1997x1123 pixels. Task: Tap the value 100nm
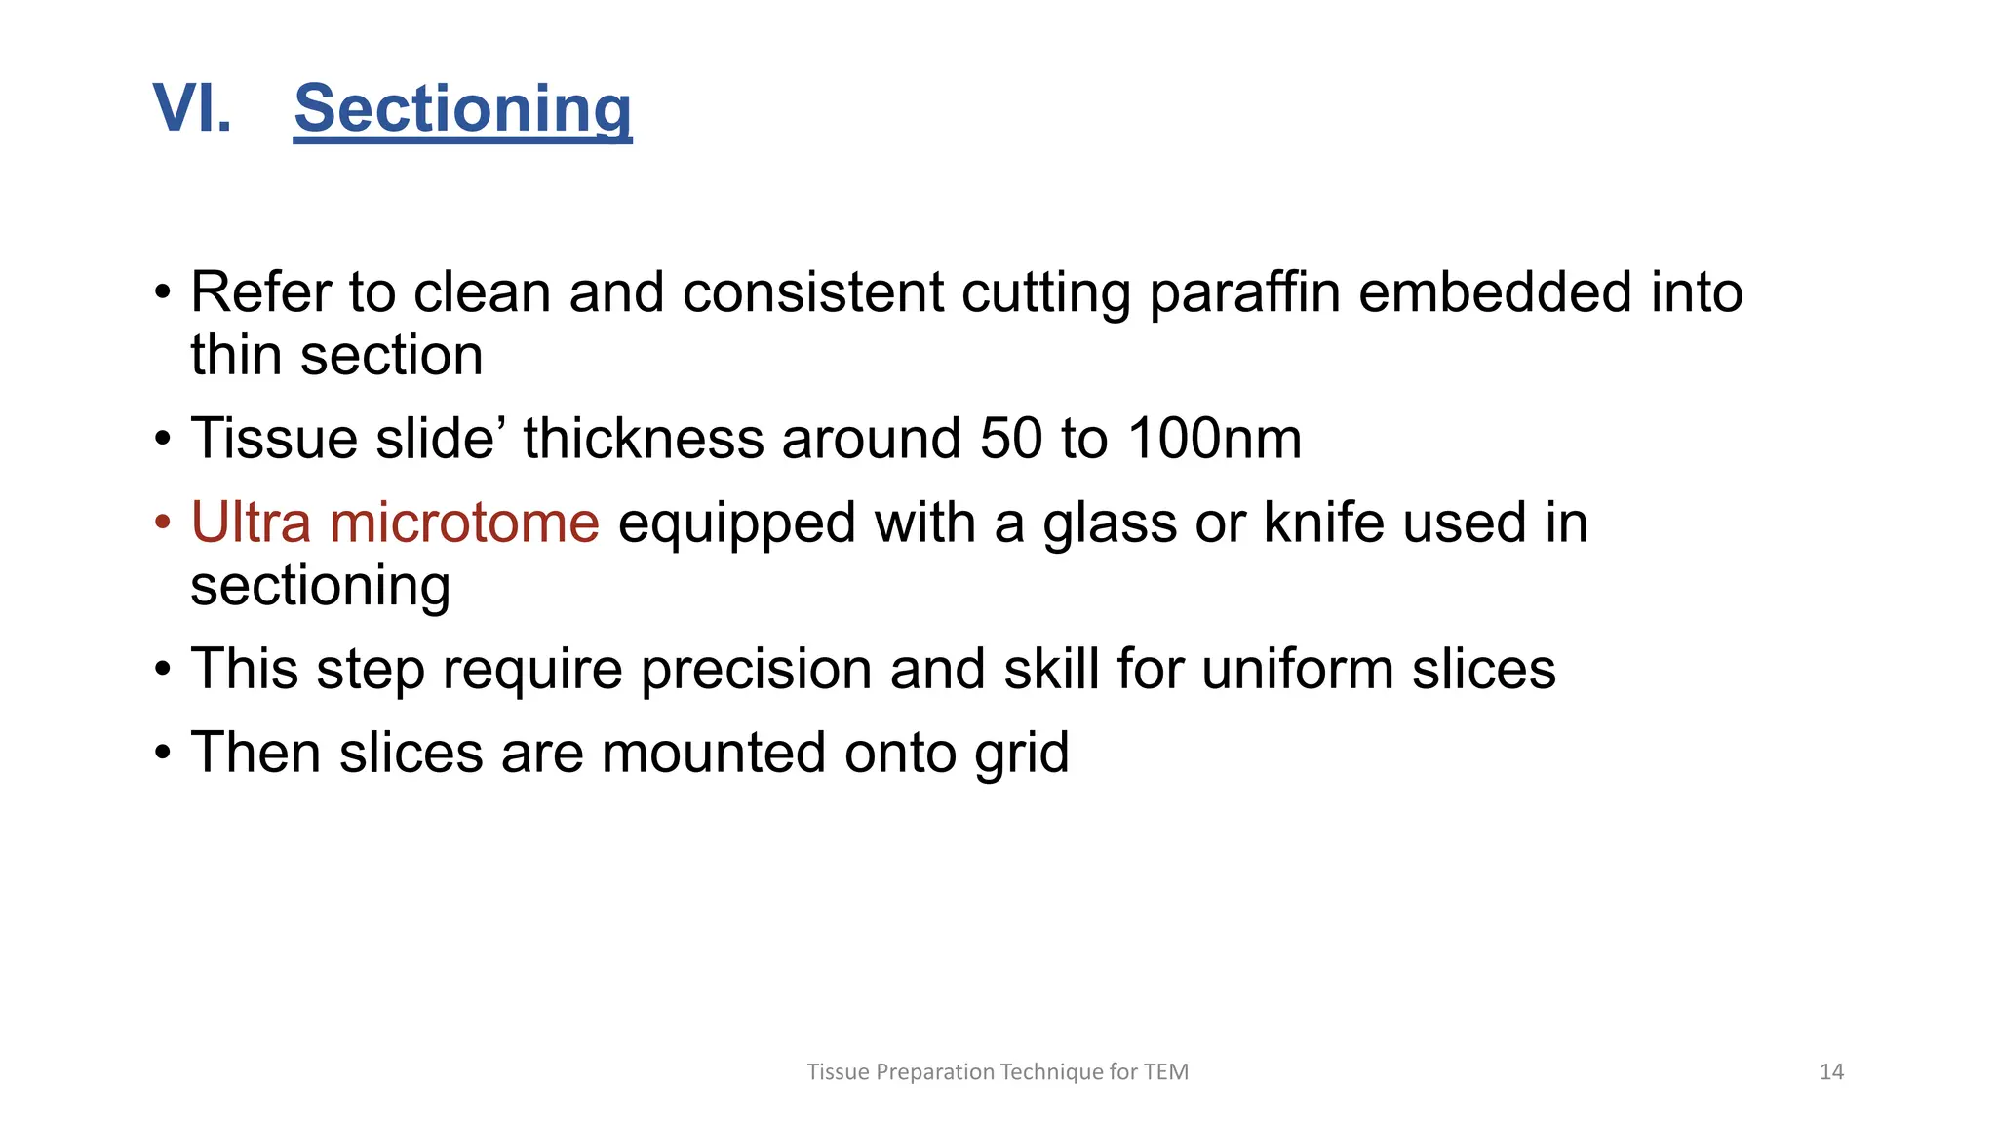[1214, 439]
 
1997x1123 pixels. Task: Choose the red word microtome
[464, 523]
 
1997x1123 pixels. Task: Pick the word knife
[1324, 523]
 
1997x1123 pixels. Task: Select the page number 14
[1831, 1072]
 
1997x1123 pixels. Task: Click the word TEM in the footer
[1166, 1072]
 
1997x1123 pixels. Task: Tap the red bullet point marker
[163, 523]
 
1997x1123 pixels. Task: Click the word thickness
[644, 439]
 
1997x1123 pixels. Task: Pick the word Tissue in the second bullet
[274, 439]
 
